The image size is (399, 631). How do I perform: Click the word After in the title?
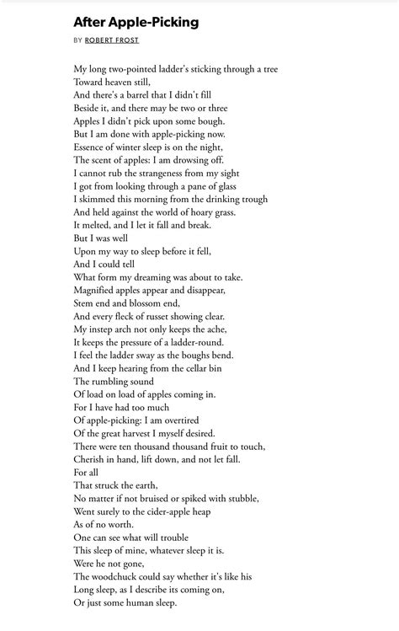pyautogui.click(x=91, y=23)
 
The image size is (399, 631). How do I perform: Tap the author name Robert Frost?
pyautogui.click(x=112, y=40)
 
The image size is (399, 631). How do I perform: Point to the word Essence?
pyautogui.click(x=92, y=147)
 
